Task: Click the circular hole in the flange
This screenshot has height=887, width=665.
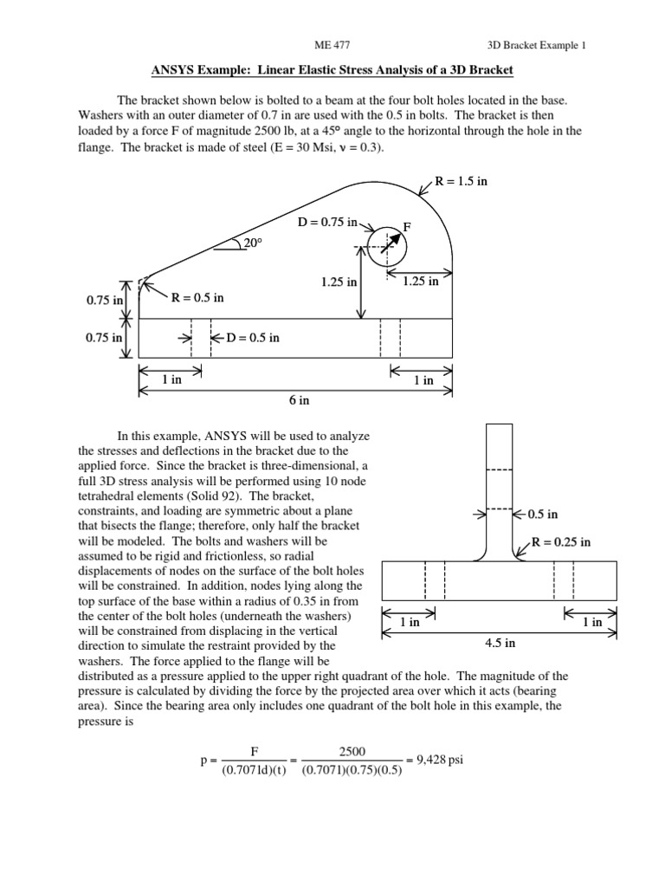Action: click(x=386, y=249)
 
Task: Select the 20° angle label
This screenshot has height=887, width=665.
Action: click(x=252, y=244)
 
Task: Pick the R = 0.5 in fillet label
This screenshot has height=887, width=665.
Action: click(x=197, y=298)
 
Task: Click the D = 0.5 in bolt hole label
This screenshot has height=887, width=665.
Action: click(x=253, y=338)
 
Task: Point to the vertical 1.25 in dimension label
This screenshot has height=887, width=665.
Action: click(x=339, y=282)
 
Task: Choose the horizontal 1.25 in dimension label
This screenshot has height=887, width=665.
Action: click(x=421, y=281)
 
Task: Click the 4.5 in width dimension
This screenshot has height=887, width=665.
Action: click(x=499, y=643)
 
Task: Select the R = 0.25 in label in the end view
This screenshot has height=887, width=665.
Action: click(x=561, y=542)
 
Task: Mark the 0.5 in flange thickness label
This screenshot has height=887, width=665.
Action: click(x=543, y=514)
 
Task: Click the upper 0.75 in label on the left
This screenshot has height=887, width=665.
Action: click(x=105, y=300)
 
